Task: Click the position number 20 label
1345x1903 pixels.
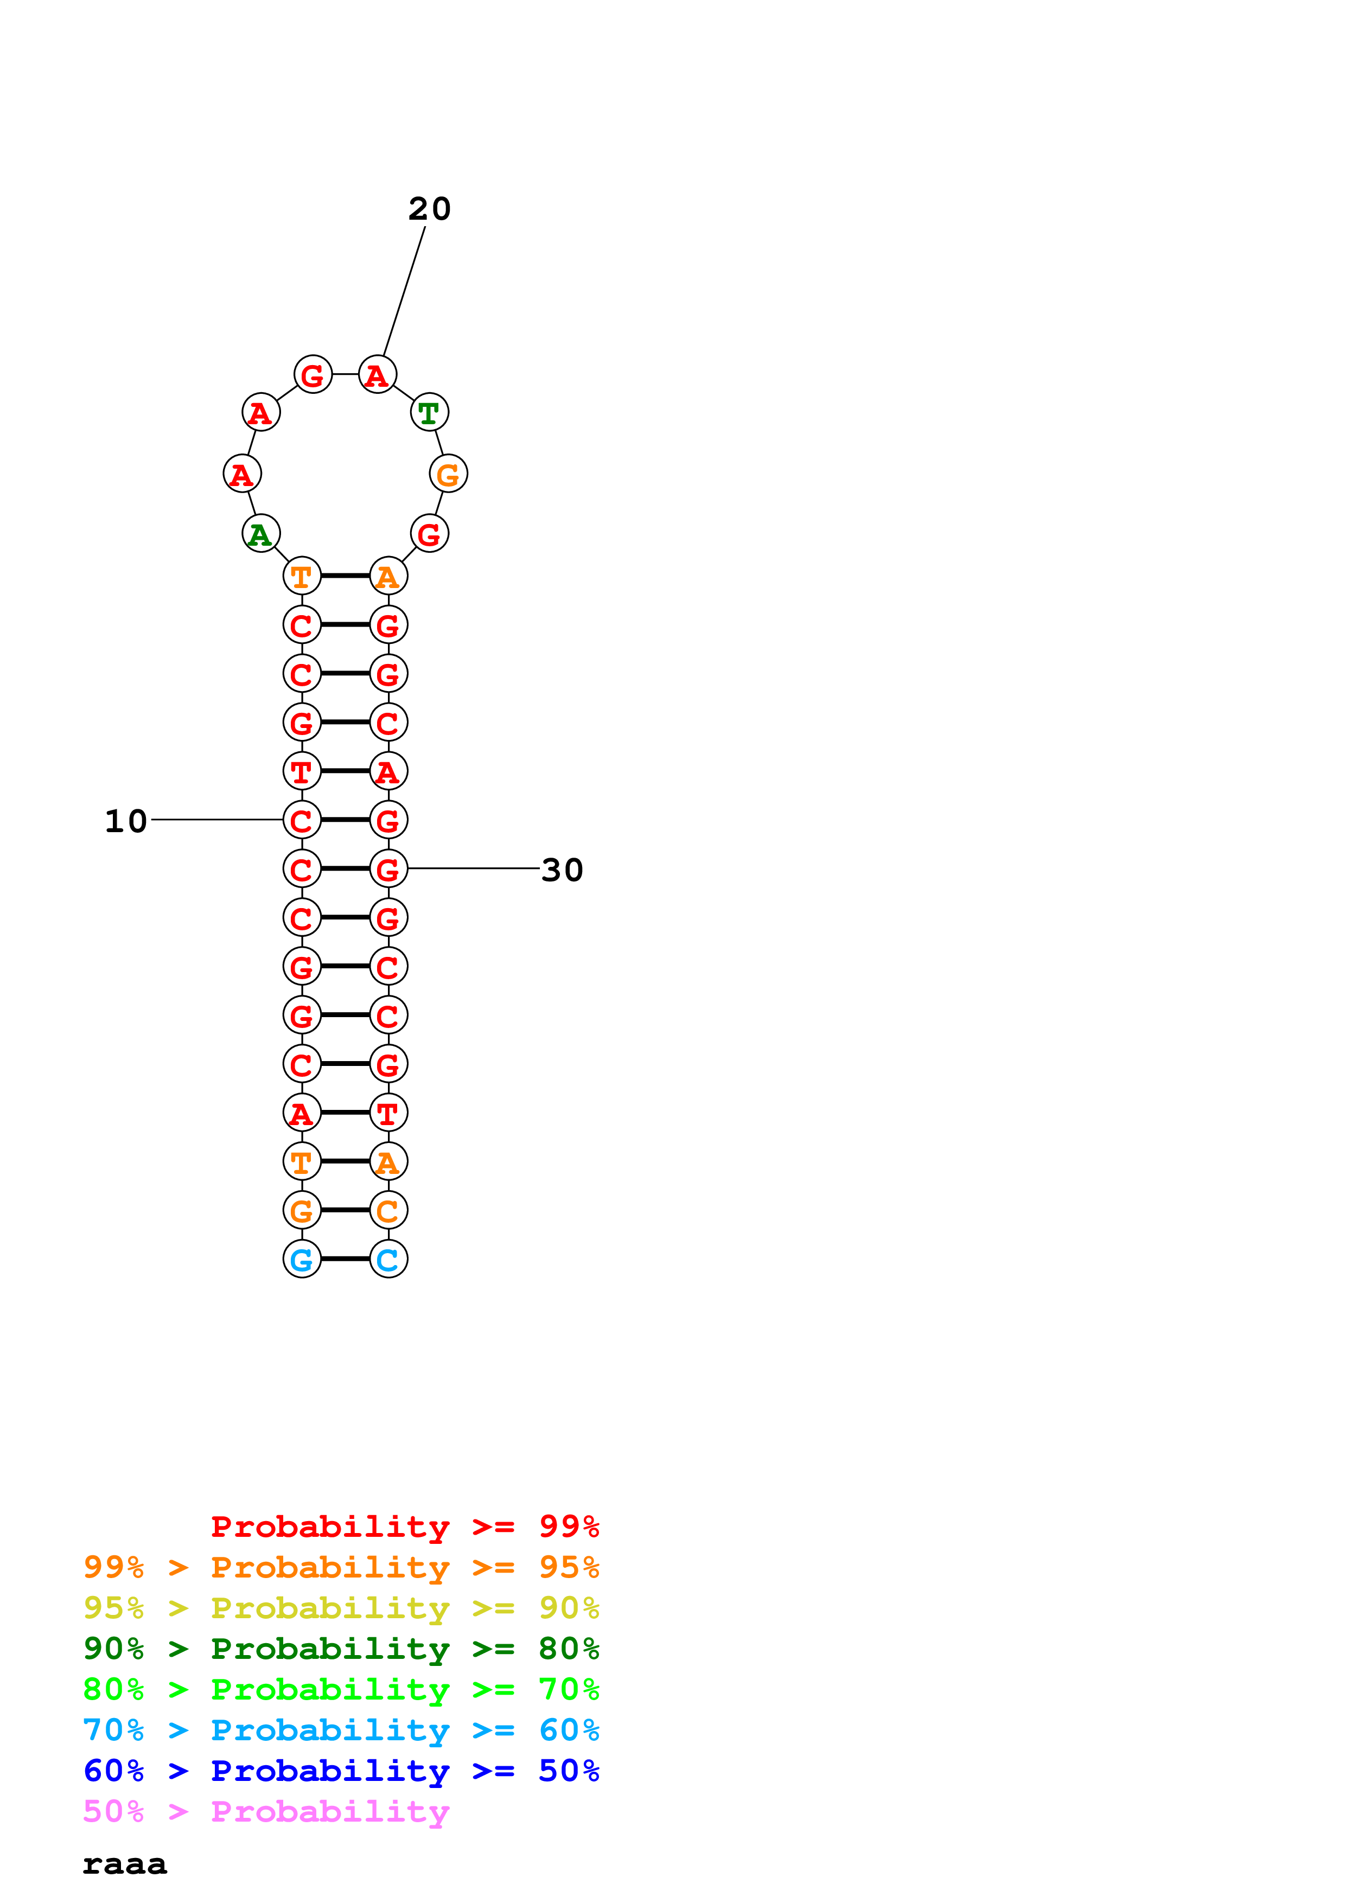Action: click(x=429, y=209)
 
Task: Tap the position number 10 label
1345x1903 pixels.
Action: click(x=126, y=821)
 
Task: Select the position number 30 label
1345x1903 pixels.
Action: click(x=562, y=870)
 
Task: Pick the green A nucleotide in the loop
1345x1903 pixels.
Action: click(x=260, y=534)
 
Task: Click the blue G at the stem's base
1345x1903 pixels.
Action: click(x=302, y=1259)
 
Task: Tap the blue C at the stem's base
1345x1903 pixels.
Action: click(x=388, y=1259)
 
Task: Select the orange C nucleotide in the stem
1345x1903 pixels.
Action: click(x=388, y=1210)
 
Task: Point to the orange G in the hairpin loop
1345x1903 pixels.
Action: click(x=448, y=474)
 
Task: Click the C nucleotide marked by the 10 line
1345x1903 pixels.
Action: click(x=302, y=821)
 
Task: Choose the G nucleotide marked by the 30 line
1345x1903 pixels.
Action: click(x=388, y=870)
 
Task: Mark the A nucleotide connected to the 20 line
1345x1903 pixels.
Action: click(x=377, y=375)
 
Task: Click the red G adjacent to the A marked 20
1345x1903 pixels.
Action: click(x=313, y=375)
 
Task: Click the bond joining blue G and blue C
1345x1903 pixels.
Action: click(x=345, y=1259)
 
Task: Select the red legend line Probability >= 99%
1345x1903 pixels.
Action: click(x=404, y=1527)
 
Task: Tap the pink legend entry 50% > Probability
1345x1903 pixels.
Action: click(x=265, y=1812)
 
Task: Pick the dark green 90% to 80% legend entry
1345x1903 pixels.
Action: click(x=341, y=1649)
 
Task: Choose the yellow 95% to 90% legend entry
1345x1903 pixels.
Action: click(x=341, y=1608)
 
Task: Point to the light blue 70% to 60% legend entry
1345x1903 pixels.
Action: click(x=341, y=1730)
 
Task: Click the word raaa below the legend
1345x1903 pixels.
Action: click(x=124, y=1865)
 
